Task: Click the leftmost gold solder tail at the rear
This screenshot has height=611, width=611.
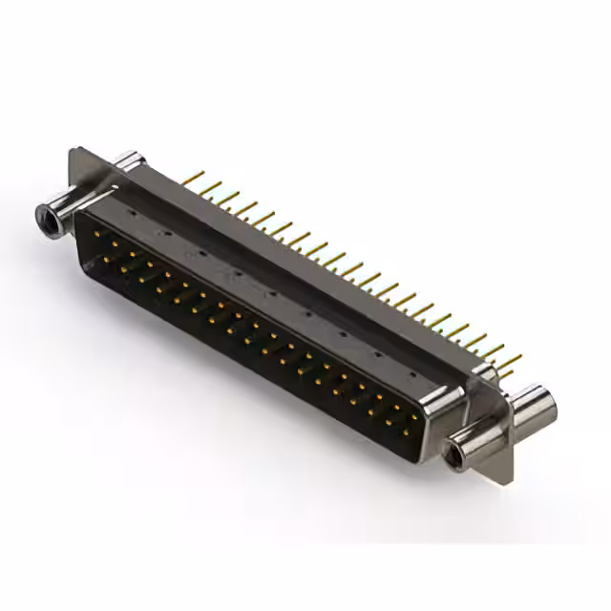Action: [192, 177]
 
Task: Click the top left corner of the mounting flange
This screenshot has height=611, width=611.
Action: [74, 150]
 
